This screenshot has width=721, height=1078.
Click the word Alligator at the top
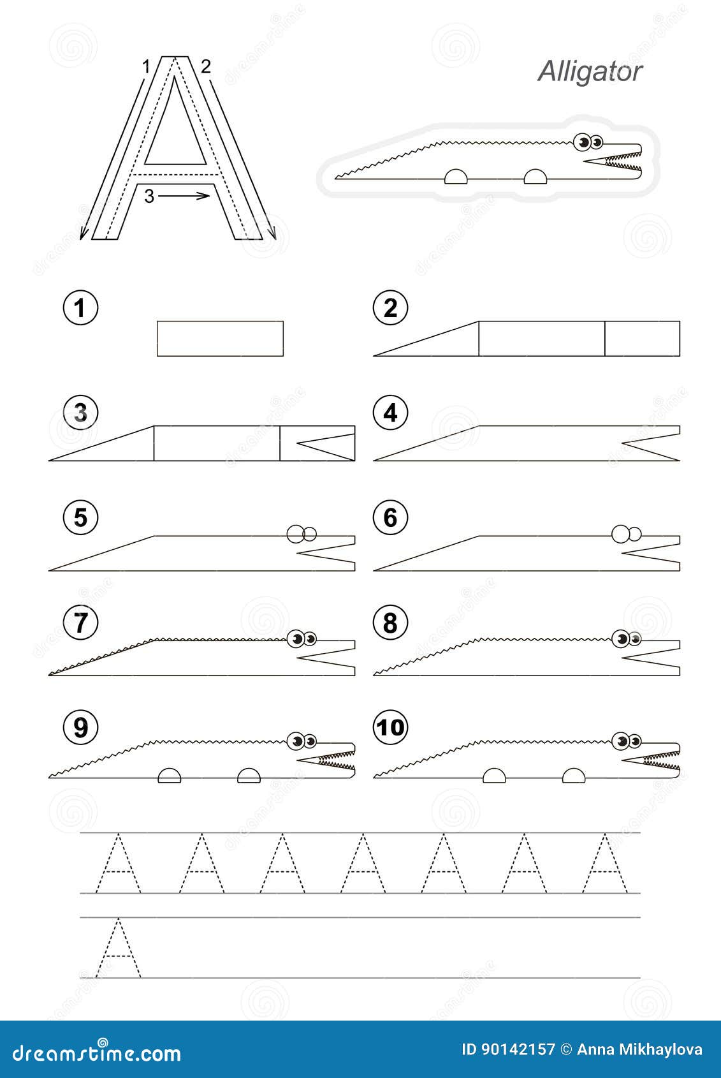pos(590,71)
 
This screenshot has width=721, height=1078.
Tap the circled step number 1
pos(80,308)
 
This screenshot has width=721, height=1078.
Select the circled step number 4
pos(390,413)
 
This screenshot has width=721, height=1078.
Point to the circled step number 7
pos(80,622)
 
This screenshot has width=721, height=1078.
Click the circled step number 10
pos(390,727)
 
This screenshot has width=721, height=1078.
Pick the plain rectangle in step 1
pos(220,338)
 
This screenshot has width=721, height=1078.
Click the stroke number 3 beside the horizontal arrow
pos(149,196)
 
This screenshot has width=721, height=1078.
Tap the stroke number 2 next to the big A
pos(205,66)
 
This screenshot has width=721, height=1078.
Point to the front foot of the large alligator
pos(535,176)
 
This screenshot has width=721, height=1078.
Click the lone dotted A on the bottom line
pos(118,949)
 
